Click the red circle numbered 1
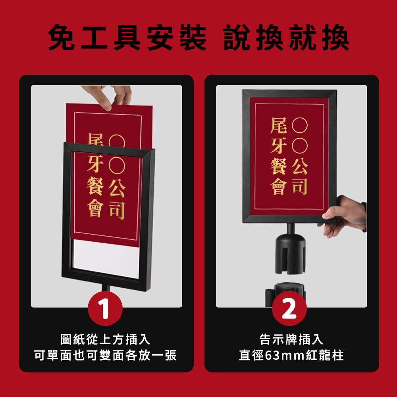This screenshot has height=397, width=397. click(x=105, y=308)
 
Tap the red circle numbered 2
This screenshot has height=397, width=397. click(x=289, y=308)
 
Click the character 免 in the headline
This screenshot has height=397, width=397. click(x=61, y=37)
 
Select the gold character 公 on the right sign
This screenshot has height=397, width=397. click(x=300, y=166)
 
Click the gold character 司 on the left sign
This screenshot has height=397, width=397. click(x=117, y=210)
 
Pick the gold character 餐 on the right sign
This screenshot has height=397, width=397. click(x=279, y=166)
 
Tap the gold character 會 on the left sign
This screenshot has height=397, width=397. click(x=95, y=208)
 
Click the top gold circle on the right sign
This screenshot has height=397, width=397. click(x=300, y=125)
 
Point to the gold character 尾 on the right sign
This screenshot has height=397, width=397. click(x=279, y=125)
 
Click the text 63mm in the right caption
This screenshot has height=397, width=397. click(x=285, y=355)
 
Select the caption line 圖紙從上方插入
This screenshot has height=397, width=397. click(x=105, y=339)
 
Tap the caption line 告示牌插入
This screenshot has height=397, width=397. click(x=291, y=339)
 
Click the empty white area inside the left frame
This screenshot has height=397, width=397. click(x=106, y=258)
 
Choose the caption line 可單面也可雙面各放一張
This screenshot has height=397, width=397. click(x=105, y=355)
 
